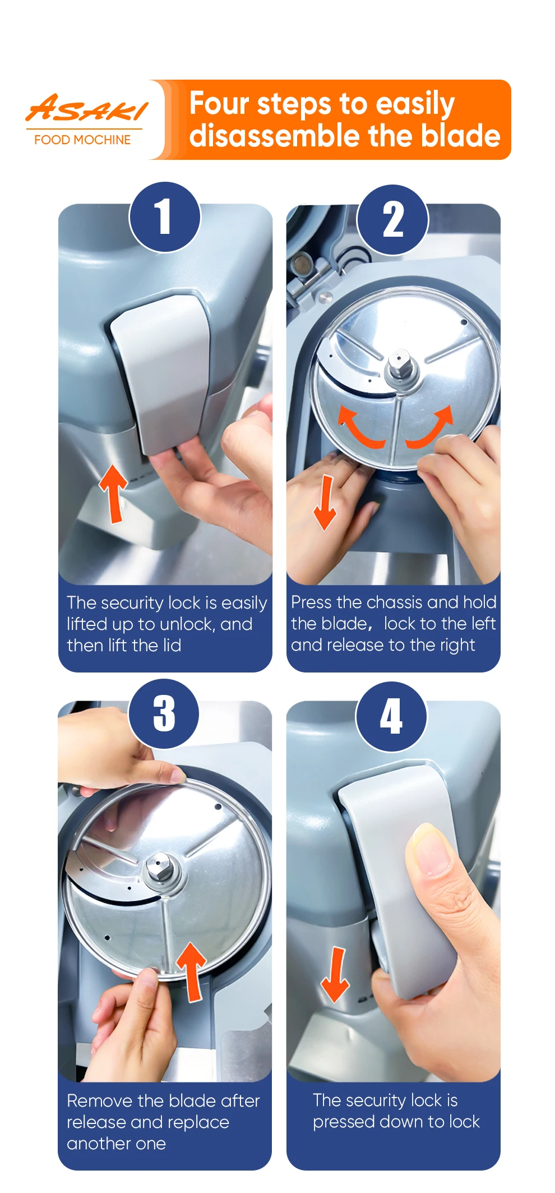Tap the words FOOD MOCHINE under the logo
(82, 140)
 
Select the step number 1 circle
(165, 217)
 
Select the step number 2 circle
(393, 220)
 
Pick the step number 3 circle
(164, 714)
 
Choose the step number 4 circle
(392, 716)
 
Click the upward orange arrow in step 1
(114, 494)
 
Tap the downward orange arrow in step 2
(325, 502)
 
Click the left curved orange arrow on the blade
(358, 430)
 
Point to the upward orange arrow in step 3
(192, 972)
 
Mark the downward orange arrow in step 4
(335, 975)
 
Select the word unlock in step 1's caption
(187, 624)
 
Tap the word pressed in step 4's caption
(344, 1122)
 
